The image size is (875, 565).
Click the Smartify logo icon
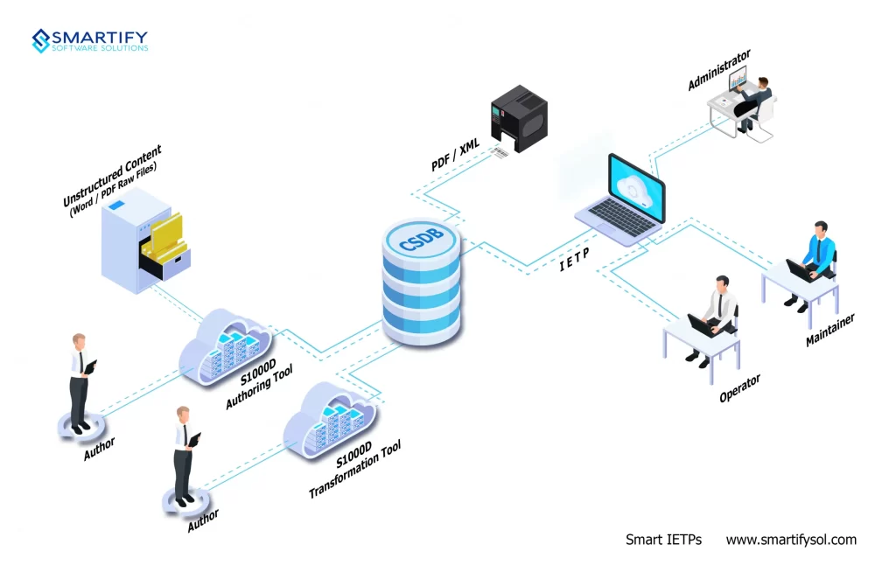tap(41, 41)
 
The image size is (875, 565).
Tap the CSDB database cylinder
tap(422, 282)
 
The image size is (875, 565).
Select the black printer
tap(519, 118)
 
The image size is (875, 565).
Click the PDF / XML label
tap(455, 155)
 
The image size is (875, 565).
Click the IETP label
tap(574, 260)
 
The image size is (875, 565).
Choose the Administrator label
tap(718, 70)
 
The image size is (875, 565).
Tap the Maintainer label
tap(829, 330)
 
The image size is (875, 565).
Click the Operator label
tap(739, 387)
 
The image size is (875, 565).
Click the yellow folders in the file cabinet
tap(164, 240)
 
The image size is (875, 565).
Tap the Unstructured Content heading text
tap(112, 175)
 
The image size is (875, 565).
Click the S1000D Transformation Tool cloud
tap(329, 420)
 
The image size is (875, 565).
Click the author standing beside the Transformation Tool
tap(185, 456)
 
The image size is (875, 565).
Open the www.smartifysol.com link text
tap(791, 540)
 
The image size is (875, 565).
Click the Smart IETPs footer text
tap(663, 540)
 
